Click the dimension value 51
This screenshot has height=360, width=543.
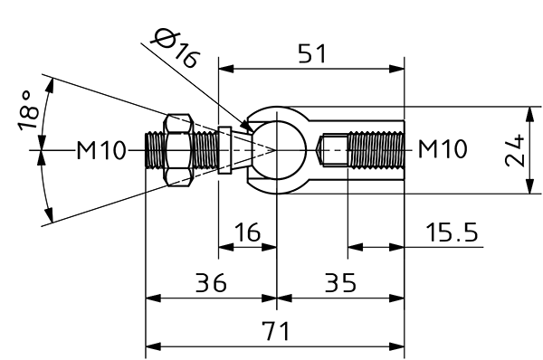pyautogui.click(x=312, y=54)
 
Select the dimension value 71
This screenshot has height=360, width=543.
pyautogui.click(x=275, y=331)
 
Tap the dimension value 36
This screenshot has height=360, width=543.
pyautogui.click(x=211, y=282)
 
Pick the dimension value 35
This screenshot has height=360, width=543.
pyautogui.click(x=340, y=282)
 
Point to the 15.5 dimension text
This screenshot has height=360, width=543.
pyautogui.click(x=452, y=232)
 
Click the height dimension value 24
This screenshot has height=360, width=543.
pyautogui.click(x=515, y=150)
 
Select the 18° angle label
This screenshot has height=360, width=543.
pyautogui.click(x=29, y=110)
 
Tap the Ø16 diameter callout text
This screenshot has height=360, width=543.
pyautogui.click(x=176, y=48)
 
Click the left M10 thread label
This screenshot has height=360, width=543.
pyautogui.click(x=100, y=150)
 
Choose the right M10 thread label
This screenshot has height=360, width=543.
pyautogui.click(x=443, y=149)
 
